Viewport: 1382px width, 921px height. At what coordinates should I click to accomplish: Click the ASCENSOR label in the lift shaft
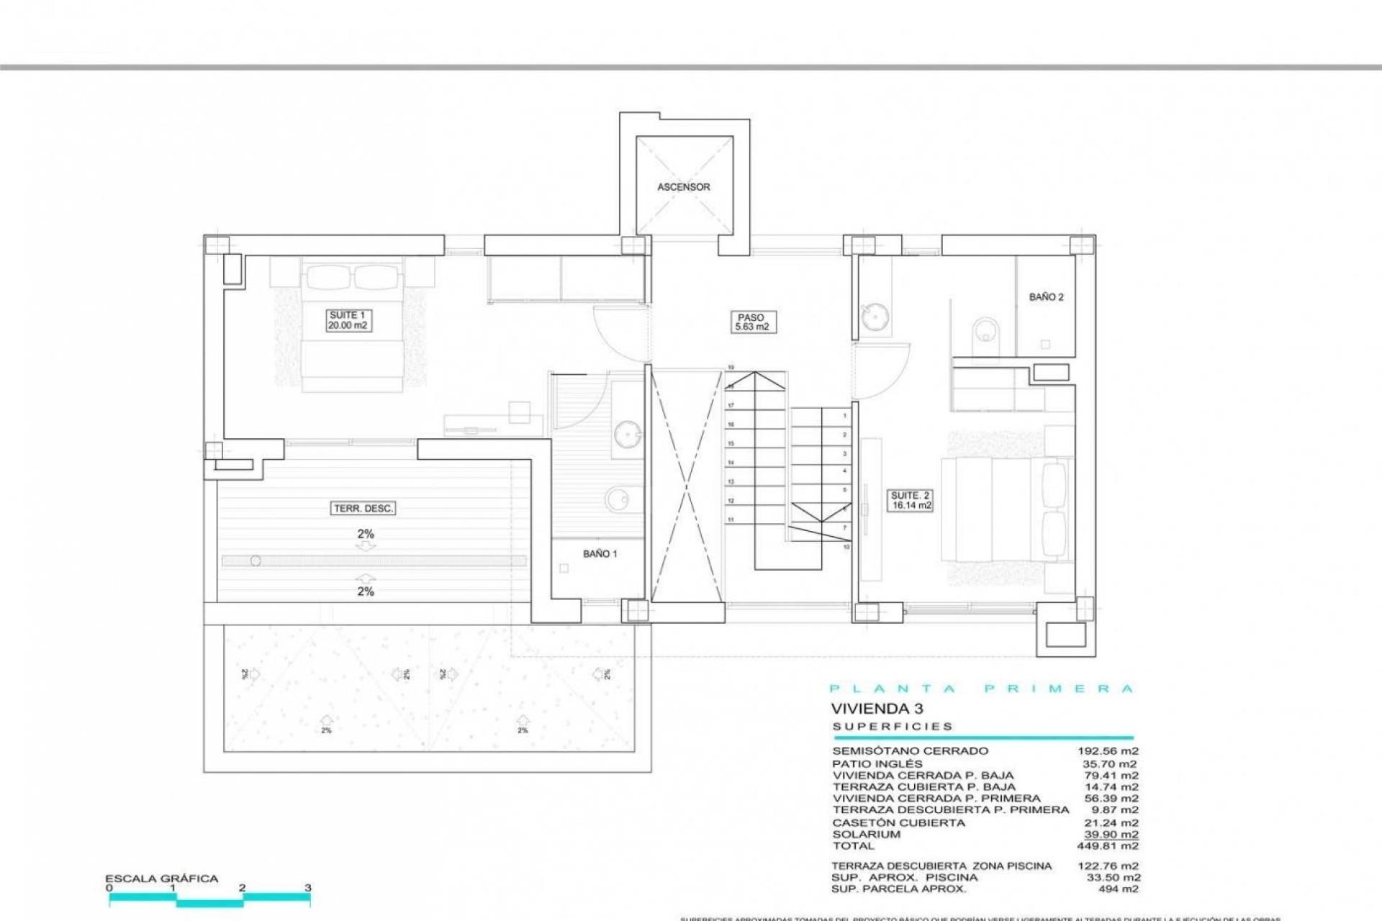click(x=683, y=187)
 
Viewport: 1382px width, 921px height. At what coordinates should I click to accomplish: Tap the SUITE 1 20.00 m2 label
click(x=348, y=320)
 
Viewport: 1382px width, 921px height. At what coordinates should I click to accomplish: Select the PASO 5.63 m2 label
click(x=751, y=322)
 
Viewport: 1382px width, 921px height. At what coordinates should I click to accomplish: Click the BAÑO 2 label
click(x=1046, y=296)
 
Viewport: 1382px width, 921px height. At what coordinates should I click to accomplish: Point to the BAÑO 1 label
click(x=600, y=553)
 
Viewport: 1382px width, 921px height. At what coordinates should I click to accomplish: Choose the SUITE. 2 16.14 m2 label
click(x=911, y=500)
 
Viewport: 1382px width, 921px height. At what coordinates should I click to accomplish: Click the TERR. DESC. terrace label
click(x=363, y=508)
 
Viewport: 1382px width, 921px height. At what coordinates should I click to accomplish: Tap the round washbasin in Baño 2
click(x=875, y=316)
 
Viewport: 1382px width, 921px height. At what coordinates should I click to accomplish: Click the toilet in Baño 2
click(x=983, y=335)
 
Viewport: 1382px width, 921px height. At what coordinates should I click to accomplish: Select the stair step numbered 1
click(x=844, y=416)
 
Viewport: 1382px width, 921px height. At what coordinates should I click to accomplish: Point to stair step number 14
click(x=731, y=463)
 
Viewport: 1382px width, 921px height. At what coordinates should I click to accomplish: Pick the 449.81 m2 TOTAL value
click(x=1108, y=846)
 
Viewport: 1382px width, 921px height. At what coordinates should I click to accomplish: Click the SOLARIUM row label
click(x=866, y=835)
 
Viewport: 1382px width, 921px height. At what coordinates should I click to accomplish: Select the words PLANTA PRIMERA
click(x=982, y=689)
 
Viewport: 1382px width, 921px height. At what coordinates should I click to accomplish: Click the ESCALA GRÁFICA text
click(x=161, y=879)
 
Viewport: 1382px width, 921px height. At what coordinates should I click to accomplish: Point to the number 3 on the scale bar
click(x=308, y=888)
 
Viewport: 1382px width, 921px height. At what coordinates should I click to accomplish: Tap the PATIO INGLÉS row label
click(x=877, y=763)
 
